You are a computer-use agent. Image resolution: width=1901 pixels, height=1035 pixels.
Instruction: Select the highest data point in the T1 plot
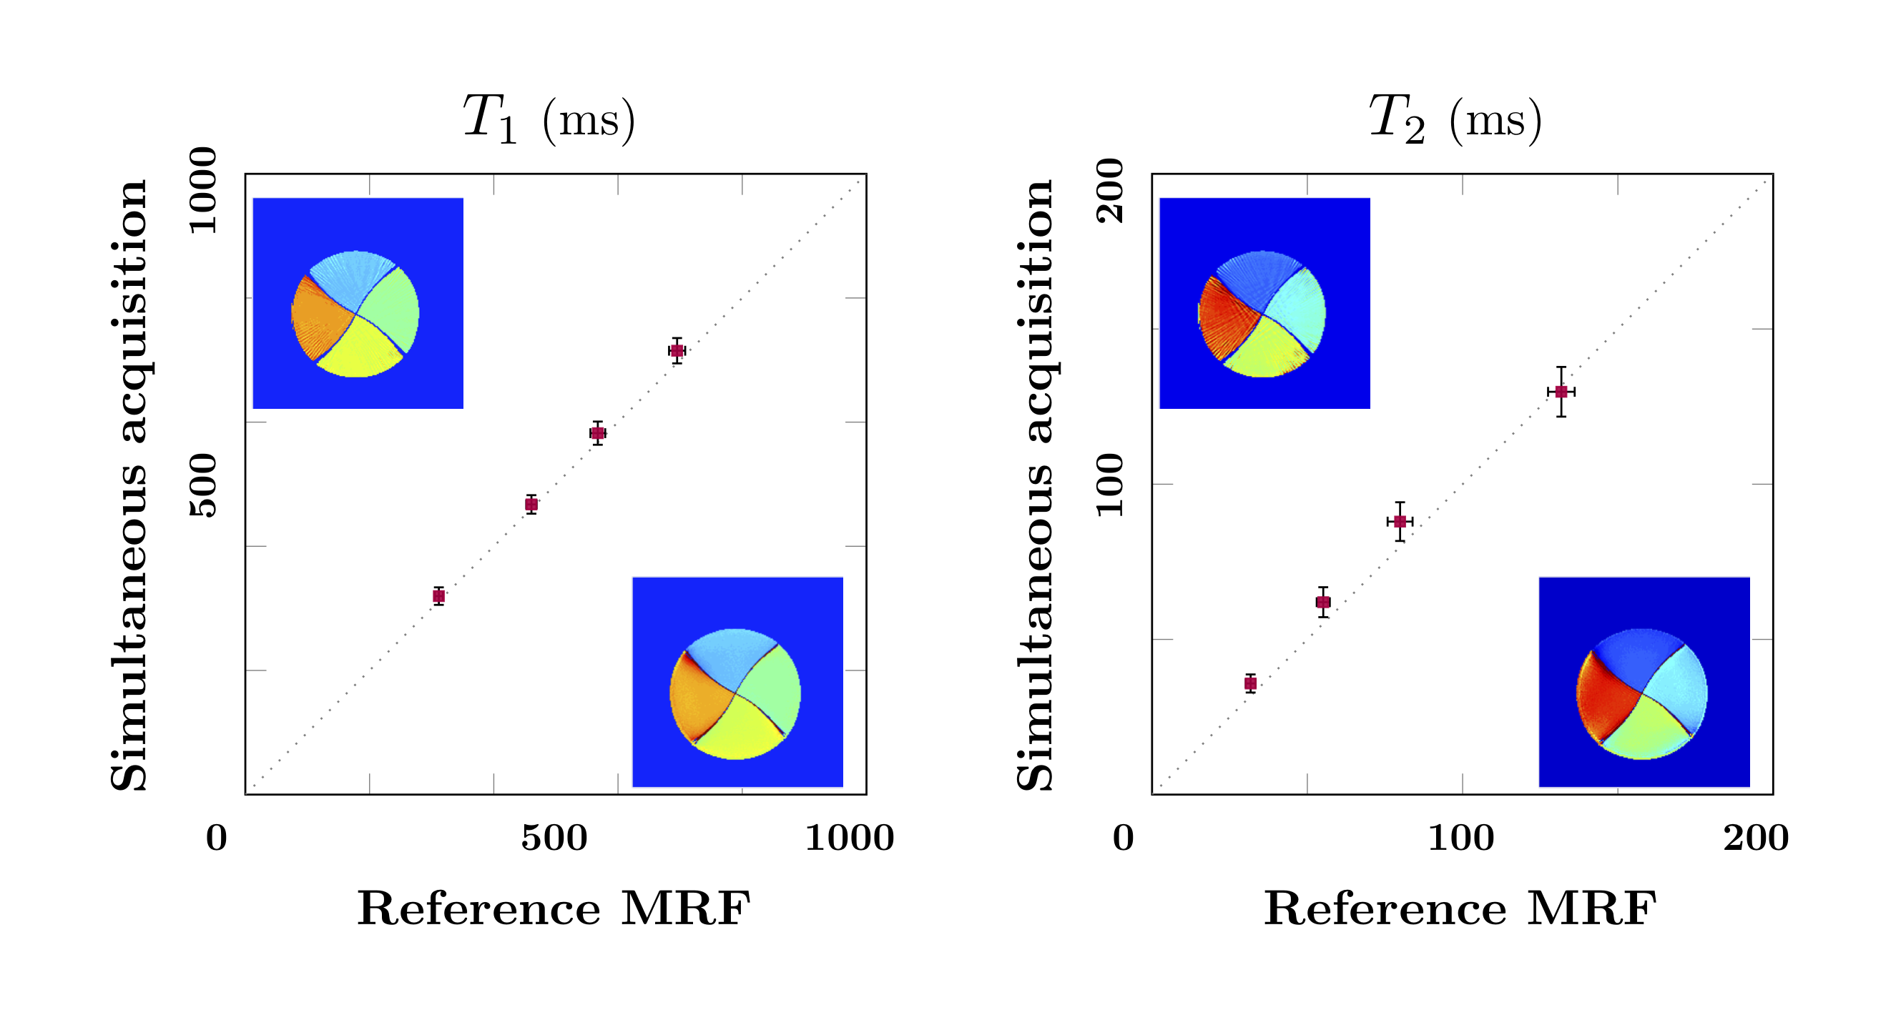coord(677,350)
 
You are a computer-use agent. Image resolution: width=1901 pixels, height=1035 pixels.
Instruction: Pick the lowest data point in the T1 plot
coord(438,596)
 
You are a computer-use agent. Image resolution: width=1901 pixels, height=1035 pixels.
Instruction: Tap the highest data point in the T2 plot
coord(1561,392)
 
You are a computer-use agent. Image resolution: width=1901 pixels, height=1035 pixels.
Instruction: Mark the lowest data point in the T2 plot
coord(1250,683)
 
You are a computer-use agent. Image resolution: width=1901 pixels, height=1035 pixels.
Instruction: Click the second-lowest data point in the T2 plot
coord(1323,602)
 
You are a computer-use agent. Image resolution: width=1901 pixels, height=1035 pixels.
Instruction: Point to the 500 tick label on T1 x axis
coord(554,838)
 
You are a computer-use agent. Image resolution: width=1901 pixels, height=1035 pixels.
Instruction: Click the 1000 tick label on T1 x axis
coord(850,838)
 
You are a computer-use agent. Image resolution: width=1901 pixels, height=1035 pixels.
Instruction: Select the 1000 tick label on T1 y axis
coord(204,190)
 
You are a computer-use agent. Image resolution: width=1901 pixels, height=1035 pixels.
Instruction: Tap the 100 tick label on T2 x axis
coord(1461,838)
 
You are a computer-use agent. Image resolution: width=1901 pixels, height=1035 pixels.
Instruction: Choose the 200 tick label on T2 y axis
coord(1111,190)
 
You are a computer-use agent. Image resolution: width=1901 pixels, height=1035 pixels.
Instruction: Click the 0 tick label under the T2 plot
coord(1123,838)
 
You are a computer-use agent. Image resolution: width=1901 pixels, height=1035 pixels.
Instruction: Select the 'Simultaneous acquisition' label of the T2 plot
coord(1035,485)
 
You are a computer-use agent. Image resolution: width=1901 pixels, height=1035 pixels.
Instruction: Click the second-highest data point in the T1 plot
coord(598,433)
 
